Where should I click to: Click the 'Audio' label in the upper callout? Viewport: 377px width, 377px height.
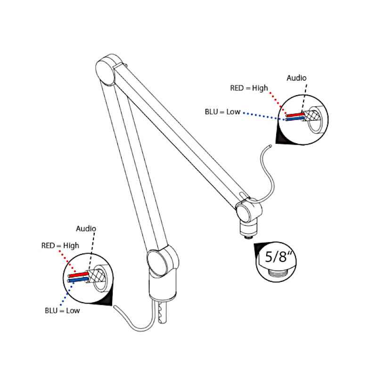pyautogui.click(x=296, y=78)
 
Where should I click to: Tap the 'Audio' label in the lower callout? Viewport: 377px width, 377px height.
pyautogui.click(x=86, y=229)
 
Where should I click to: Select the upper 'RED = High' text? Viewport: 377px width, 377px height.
pyautogui.click(x=249, y=88)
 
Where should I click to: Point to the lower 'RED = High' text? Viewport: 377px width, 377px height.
pyautogui.click(x=60, y=246)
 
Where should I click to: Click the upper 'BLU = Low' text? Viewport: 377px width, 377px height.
pyautogui.click(x=222, y=112)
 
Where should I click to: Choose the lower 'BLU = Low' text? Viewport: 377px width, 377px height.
pyautogui.click(x=62, y=311)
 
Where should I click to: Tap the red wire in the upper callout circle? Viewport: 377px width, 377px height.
pyautogui.click(x=294, y=115)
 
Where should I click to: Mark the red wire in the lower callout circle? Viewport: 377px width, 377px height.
pyautogui.click(x=79, y=275)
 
